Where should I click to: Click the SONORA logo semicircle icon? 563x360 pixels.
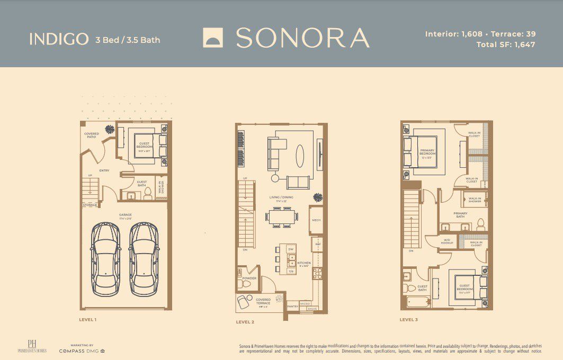(214, 38)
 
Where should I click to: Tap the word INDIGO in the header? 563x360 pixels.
(59, 39)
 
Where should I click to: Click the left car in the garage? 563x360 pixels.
(105, 258)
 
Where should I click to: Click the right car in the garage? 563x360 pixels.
(144, 258)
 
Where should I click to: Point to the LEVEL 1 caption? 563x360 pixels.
(87, 319)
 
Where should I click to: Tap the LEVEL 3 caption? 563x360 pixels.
(408, 319)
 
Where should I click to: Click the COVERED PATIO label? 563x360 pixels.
(92, 136)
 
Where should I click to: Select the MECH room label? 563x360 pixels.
(316, 220)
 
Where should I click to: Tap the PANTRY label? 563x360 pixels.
(292, 305)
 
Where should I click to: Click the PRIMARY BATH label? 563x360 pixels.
(460, 215)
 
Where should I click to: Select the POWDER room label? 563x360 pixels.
(249, 278)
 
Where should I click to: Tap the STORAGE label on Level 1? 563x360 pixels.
(90, 204)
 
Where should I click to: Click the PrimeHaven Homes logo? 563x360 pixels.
(32, 347)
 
